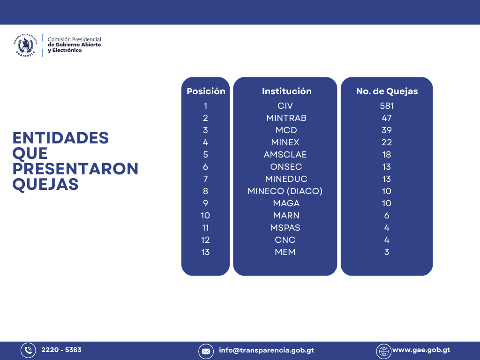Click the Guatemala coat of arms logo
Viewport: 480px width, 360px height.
point(25,45)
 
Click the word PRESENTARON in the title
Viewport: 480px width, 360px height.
point(75,169)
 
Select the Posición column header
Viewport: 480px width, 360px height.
point(206,91)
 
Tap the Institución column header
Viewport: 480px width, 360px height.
point(286,91)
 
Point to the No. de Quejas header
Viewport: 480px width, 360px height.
point(387,91)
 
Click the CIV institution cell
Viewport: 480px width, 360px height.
point(285,106)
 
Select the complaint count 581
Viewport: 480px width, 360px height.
point(387,106)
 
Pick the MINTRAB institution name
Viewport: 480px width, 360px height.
point(286,118)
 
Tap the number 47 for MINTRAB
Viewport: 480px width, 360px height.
point(387,118)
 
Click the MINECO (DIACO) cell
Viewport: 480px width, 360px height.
point(285,191)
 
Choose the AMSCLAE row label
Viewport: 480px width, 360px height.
point(285,155)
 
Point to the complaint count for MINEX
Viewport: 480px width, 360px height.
point(387,142)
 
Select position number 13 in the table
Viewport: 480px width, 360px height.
point(205,252)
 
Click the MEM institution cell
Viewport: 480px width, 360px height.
point(285,252)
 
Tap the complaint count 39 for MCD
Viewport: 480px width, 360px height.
point(387,130)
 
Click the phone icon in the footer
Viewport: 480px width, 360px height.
point(28,350)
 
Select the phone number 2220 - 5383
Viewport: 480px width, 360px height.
point(61,350)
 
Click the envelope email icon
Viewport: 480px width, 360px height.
point(206,352)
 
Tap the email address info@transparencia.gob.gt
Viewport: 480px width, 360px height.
point(266,350)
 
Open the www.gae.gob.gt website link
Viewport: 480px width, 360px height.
point(421,350)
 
